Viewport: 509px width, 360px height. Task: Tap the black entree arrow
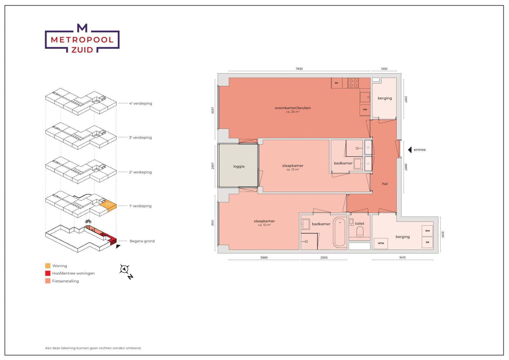[x=410, y=150]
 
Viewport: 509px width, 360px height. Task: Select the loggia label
[x=239, y=166]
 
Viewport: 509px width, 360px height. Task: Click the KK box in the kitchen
[x=336, y=83]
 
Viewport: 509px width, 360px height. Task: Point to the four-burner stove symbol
[x=353, y=83]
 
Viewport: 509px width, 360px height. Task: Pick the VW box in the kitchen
[x=365, y=109]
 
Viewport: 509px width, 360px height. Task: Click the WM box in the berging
[x=427, y=231]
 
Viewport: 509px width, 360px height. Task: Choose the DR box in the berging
[x=427, y=242]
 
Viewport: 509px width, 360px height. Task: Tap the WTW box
[x=381, y=243]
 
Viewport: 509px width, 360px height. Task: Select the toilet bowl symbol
[x=360, y=232]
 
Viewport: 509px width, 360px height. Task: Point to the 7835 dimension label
[x=299, y=69]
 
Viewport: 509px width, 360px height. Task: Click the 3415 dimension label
[x=402, y=258]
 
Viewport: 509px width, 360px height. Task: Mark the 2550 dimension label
[x=324, y=258]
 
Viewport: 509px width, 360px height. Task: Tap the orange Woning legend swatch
[x=48, y=266]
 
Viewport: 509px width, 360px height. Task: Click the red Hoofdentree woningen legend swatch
[x=48, y=273]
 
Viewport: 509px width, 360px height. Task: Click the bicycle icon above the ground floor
[x=88, y=221]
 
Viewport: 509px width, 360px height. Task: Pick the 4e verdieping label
[x=141, y=103]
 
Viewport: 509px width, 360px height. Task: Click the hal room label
[x=385, y=184]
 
